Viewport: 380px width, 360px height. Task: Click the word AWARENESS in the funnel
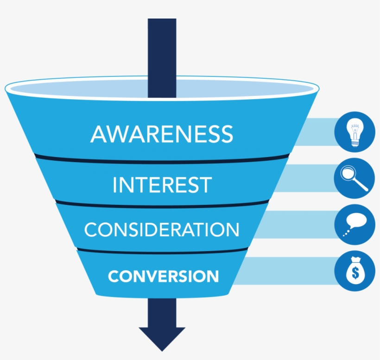[162, 133]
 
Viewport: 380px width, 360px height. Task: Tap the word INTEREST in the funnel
[162, 185]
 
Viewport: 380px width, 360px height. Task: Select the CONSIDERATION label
[162, 230]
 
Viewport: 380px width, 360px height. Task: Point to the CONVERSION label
[163, 276]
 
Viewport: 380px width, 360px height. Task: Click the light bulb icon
[355, 132]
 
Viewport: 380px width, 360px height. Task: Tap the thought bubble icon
[355, 225]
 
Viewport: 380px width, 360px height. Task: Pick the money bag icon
[355, 272]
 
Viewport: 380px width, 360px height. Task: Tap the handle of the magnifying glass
[361, 185]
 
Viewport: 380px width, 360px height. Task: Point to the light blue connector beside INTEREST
[308, 178]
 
